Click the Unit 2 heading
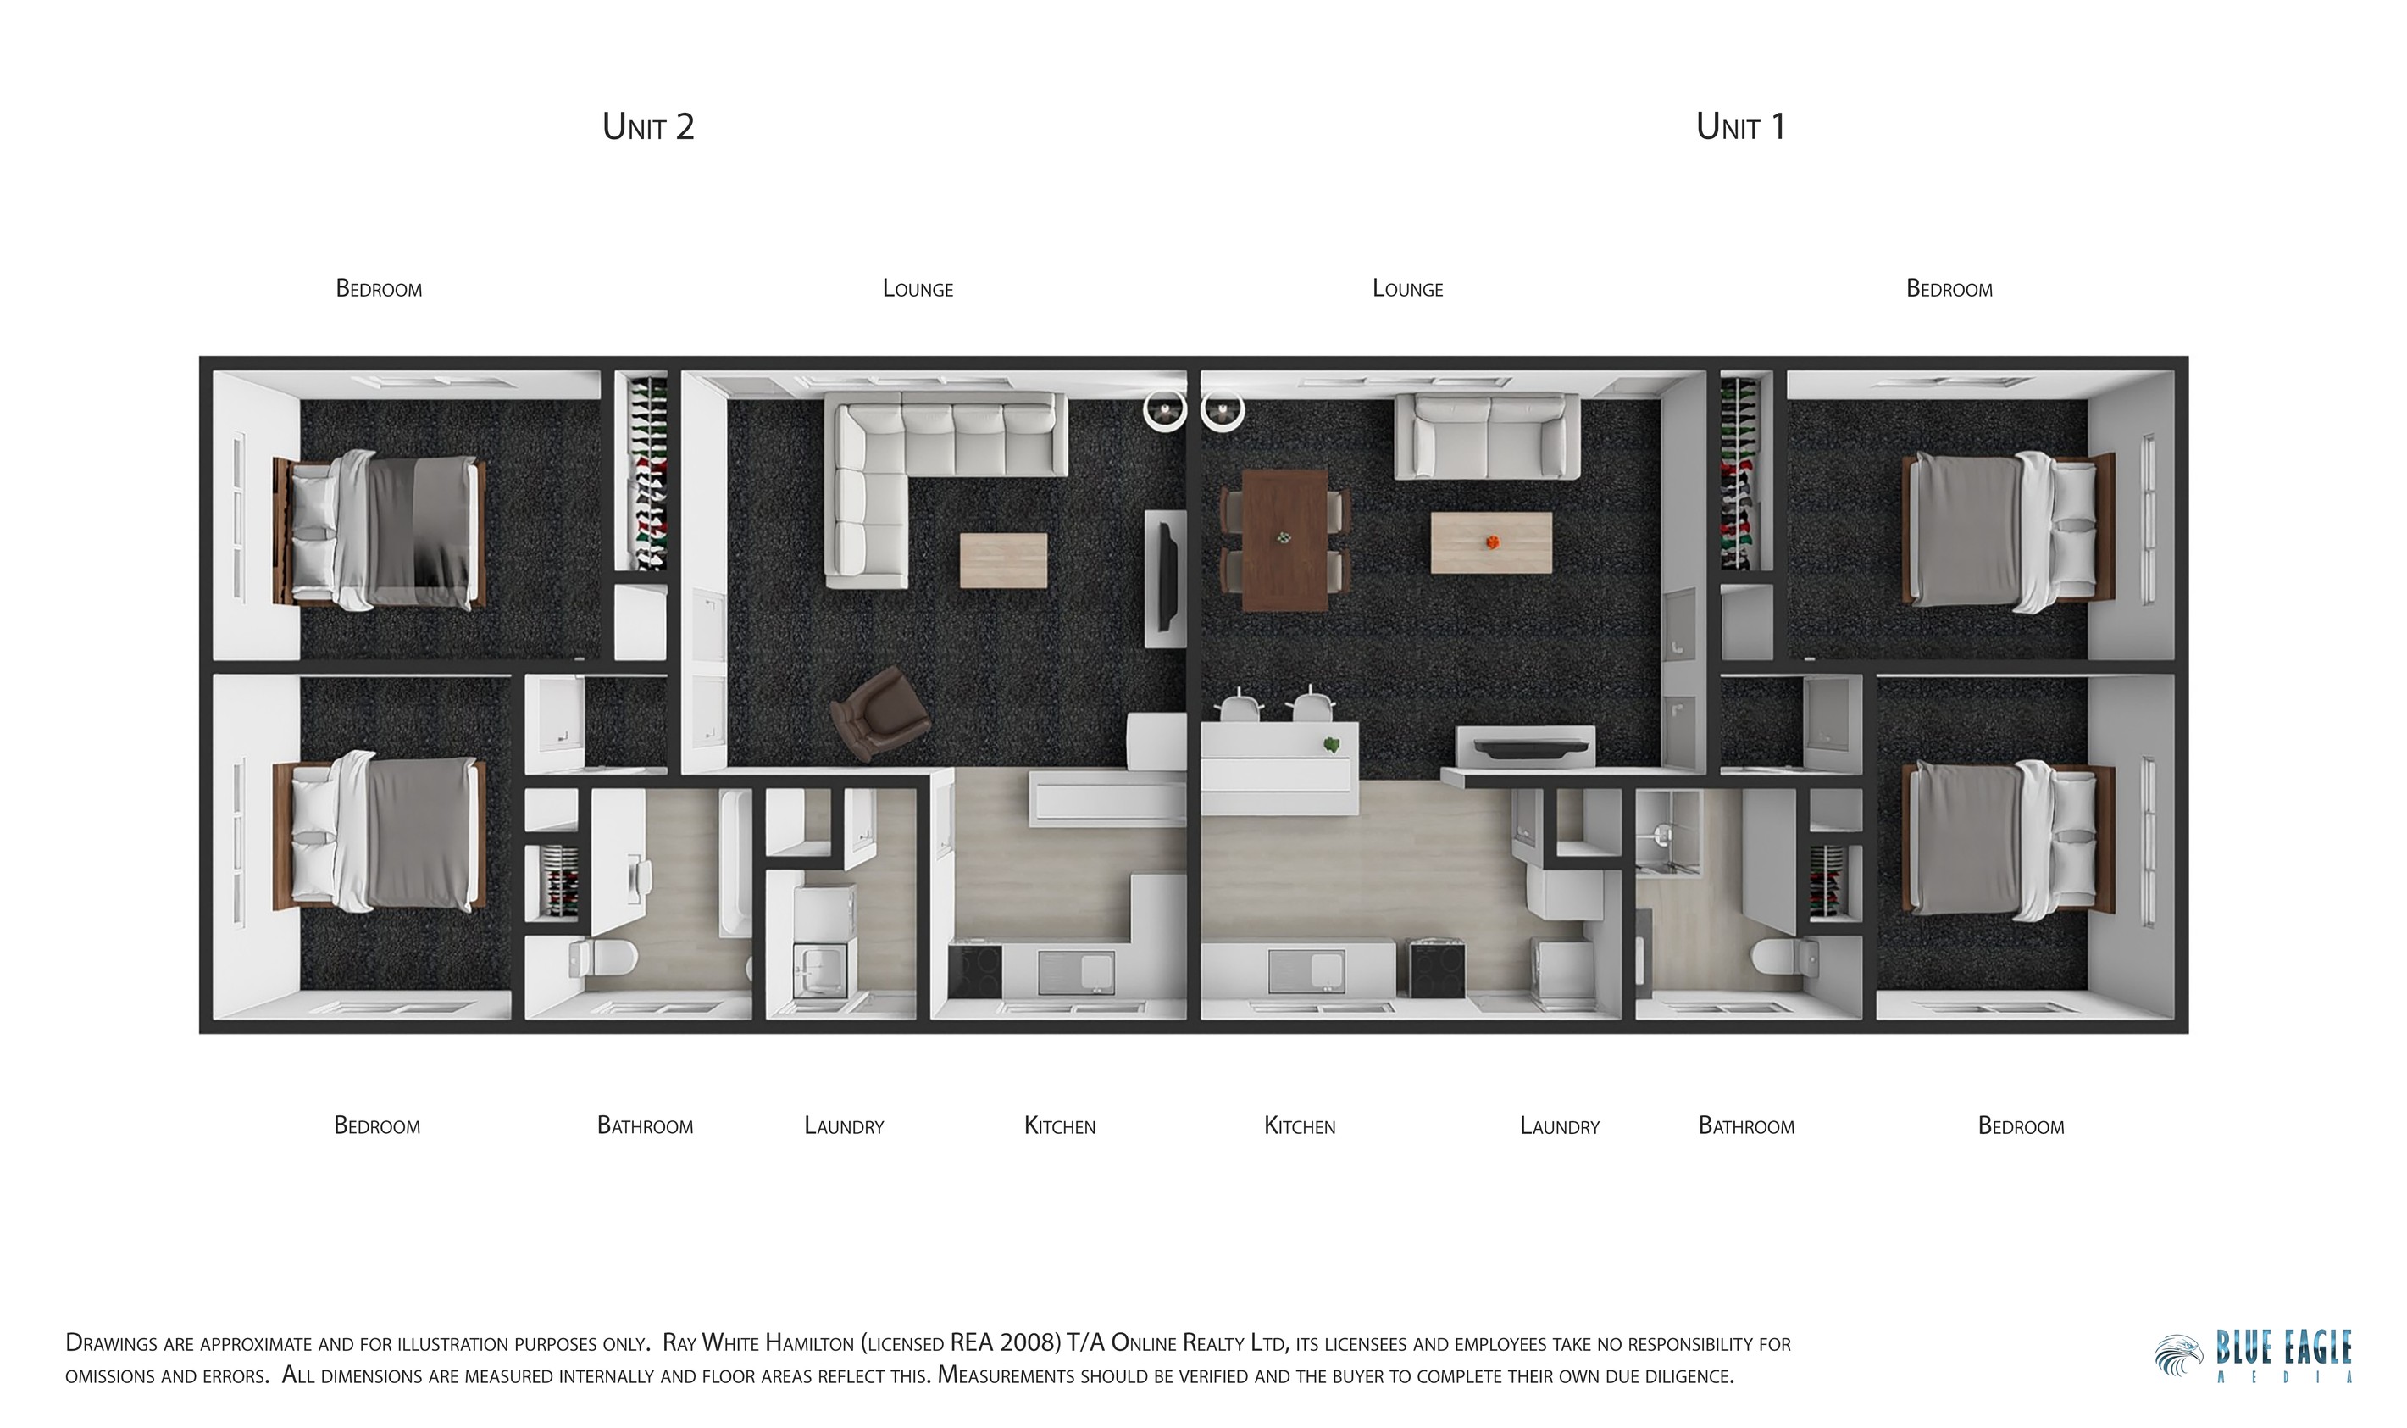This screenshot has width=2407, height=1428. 647,127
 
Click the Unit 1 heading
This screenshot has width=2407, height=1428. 1740,127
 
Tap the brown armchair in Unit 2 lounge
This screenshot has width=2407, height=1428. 879,713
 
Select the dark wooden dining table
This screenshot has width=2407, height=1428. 1284,540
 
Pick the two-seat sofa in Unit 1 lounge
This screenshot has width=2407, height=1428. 1487,436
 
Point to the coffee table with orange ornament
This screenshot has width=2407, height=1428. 1490,542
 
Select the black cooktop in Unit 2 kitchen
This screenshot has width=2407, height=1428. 974,972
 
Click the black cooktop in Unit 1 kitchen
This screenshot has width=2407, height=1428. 1437,969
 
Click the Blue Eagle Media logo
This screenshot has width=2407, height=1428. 2254,1357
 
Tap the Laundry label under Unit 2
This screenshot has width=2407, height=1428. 844,1125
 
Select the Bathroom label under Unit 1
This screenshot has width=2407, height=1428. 1746,1125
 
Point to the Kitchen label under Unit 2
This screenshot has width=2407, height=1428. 1059,1125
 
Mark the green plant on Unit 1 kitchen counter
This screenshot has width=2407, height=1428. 1332,744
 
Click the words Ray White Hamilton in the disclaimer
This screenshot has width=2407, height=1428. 758,1342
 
